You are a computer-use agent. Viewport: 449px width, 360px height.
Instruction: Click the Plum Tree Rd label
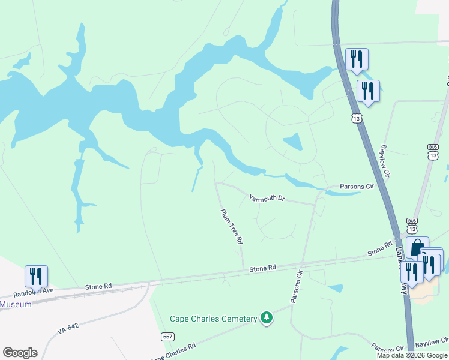pyautogui.click(x=231, y=226)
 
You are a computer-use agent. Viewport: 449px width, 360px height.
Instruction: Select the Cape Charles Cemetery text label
pyautogui.click(x=213, y=319)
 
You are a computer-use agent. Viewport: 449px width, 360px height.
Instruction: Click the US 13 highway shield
pyautogui.click(x=357, y=119)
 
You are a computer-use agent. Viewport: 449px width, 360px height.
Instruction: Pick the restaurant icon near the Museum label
pyautogui.click(x=36, y=277)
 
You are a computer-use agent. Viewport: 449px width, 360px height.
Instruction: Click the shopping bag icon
pyautogui.click(x=417, y=248)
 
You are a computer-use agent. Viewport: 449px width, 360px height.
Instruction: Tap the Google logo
pyautogui.click(x=20, y=352)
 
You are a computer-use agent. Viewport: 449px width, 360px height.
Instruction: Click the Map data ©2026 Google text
pyautogui.click(x=412, y=355)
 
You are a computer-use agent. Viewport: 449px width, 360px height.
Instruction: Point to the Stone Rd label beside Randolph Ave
pyautogui.click(x=99, y=287)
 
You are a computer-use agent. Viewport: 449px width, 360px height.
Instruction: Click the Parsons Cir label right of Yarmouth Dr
pyautogui.click(x=357, y=187)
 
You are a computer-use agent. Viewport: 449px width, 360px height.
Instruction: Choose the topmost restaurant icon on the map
pyautogui.click(x=357, y=59)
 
